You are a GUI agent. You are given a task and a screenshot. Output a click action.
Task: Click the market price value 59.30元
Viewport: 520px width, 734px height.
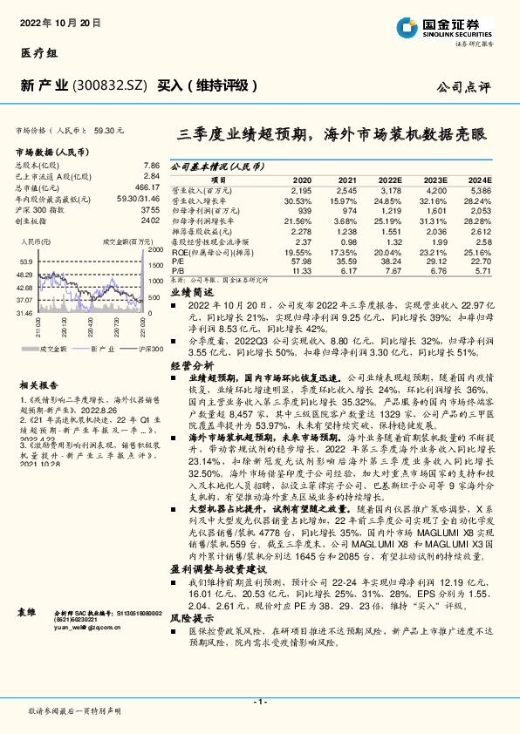point(108,130)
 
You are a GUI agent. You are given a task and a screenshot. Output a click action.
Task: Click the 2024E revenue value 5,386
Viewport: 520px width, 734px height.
point(481,189)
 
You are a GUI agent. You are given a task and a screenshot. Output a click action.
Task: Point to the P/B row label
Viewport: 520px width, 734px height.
point(177,270)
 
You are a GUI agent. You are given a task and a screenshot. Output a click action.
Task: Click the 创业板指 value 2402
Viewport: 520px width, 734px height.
point(150,221)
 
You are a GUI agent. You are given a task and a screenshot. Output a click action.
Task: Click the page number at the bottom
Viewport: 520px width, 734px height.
point(259,702)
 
